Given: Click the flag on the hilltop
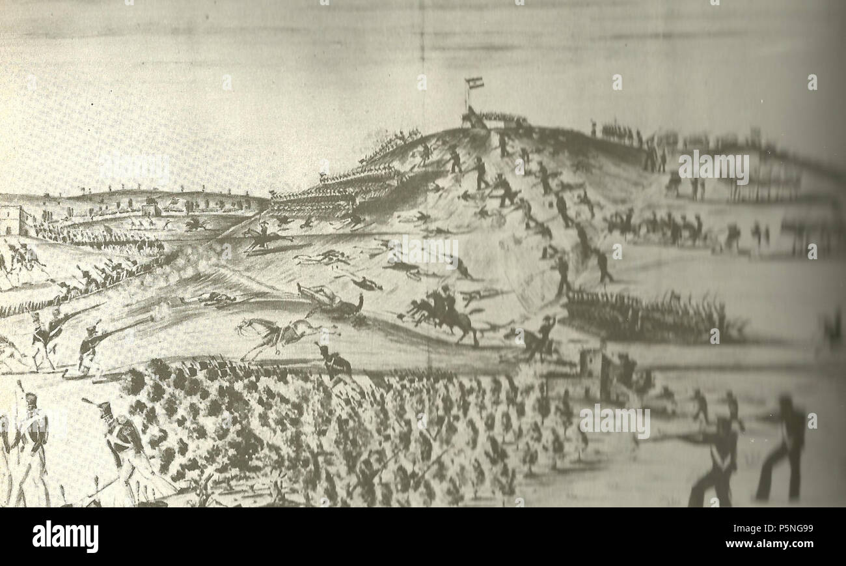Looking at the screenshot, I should (474, 83).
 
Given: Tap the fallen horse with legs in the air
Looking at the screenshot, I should (331, 301).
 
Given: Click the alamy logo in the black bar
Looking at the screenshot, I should (65, 537).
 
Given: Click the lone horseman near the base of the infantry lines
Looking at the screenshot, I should (264, 236).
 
